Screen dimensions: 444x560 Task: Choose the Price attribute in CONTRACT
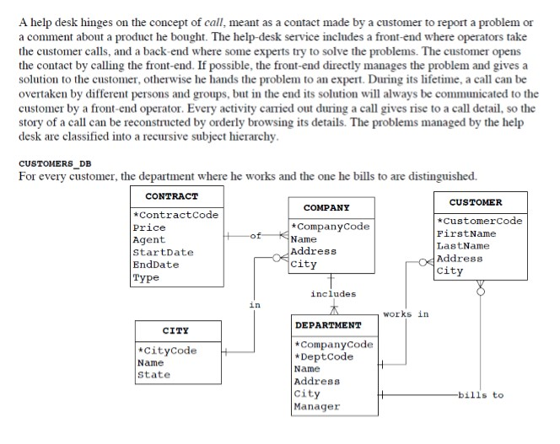click(x=150, y=227)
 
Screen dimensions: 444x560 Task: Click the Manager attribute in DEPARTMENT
click(x=317, y=406)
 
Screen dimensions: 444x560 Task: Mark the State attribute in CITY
click(x=153, y=375)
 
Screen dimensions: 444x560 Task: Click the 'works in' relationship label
click(x=406, y=314)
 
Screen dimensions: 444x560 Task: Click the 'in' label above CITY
click(x=255, y=304)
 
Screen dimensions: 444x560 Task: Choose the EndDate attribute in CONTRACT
click(x=157, y=265)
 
